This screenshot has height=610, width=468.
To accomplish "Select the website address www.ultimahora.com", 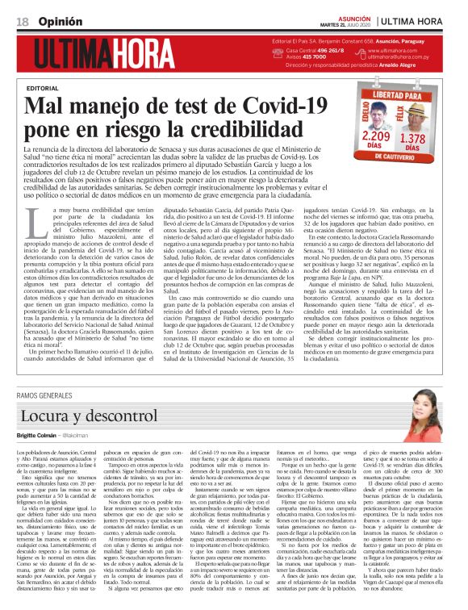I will [393, 50].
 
